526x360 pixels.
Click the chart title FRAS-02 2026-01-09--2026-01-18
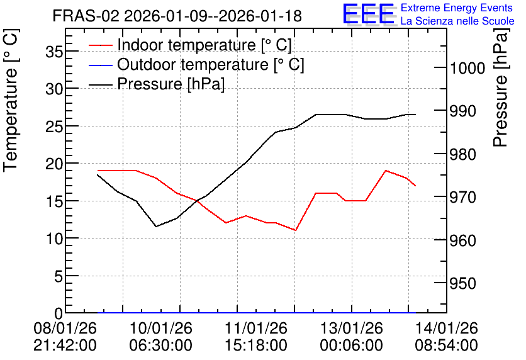pos(177,16)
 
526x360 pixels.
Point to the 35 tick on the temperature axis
pos(54,52)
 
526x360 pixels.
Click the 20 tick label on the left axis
pos(54,164)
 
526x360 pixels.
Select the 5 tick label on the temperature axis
pos(59,276)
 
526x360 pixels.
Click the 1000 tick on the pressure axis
pos(467,69)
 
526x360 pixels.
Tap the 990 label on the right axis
pos(463,111)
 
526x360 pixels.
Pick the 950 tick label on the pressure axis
pos(463,284)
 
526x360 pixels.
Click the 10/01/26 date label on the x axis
pos(161,328)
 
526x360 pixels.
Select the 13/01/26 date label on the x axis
pos(352,328)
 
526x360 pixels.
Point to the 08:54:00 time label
pos(447,346)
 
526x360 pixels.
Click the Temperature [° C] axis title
pos(11,101)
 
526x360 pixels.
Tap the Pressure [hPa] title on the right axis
pos(501,87)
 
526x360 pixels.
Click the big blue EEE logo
pos(369,14)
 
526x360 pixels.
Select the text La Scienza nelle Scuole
pos(457,21)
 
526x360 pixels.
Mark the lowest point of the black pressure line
pos(156,227)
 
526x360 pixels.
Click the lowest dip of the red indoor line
pos(295,230)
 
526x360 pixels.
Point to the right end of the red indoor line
pos(415,186)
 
